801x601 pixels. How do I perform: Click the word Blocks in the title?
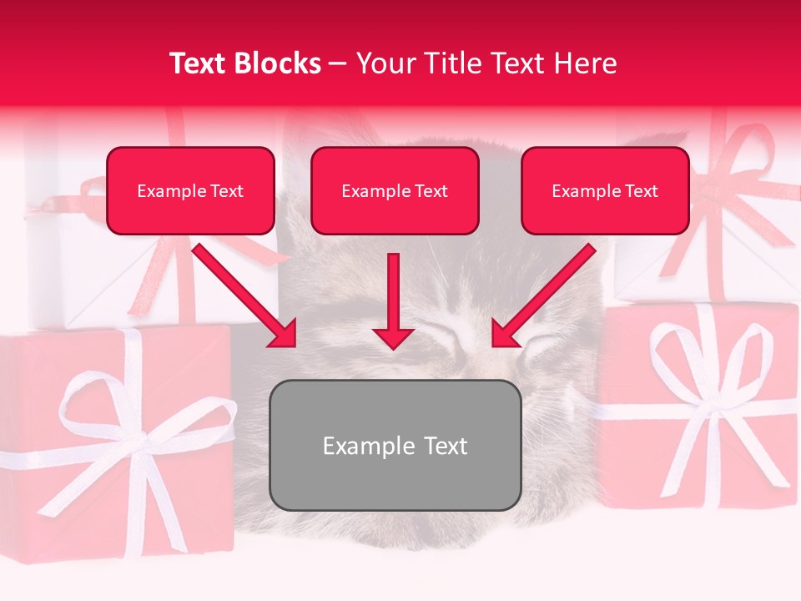[278, 63]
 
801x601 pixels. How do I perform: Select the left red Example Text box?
[190, 191]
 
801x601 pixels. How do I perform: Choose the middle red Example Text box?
[395, 191]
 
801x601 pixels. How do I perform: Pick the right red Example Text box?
[605, 191]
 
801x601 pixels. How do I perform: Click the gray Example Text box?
[395, 445]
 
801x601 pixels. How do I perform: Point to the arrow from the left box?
[246, 296]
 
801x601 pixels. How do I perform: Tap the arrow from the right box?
[543, 296]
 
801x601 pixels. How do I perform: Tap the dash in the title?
[339, 63]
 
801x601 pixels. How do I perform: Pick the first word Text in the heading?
[199, 63]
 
